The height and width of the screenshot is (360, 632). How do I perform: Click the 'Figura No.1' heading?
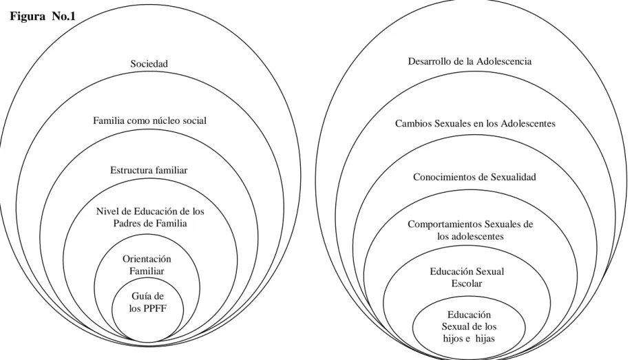(43, 17)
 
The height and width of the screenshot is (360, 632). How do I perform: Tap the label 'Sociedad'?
(149, 64)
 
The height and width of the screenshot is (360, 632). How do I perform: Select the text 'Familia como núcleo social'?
(149, 120)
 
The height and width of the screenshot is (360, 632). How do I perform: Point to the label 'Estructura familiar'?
(149, 170)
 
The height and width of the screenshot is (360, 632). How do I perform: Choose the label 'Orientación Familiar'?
(147, 265)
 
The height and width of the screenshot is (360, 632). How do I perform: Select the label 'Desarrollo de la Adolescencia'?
(470, 61)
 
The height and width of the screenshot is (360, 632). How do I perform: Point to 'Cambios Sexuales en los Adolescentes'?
(475, 123)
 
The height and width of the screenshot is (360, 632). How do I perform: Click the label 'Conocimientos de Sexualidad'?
(474, 177)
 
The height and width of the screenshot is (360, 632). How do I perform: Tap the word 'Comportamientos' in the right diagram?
(444, 224)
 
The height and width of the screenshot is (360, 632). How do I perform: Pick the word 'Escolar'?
(467, 284)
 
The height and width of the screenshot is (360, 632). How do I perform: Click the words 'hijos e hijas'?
(469, 339)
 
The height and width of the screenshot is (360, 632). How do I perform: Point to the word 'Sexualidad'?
(513, 177)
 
